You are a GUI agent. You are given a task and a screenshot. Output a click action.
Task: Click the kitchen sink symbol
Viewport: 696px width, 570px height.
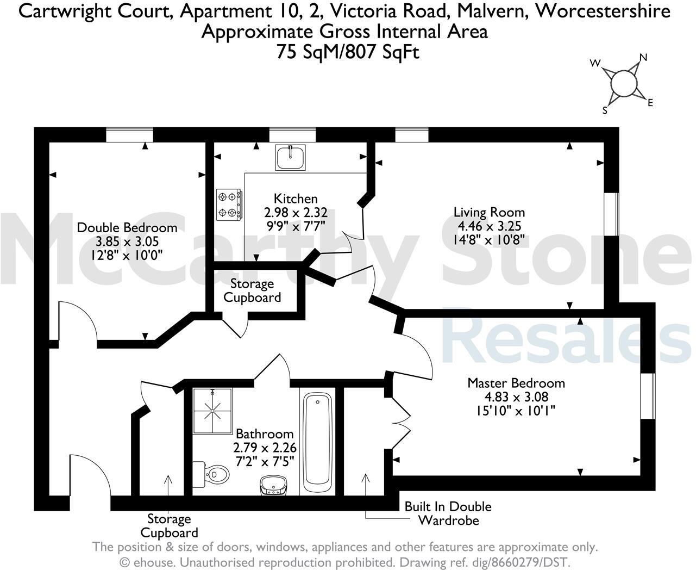pyautogui.click(x=290, y=157)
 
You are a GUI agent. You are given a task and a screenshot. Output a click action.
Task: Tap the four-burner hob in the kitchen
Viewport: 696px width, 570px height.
pyautogui.click(x=229, y=205)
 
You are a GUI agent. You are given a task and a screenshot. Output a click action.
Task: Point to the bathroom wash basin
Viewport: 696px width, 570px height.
pyautogui.click(x=273, y=485)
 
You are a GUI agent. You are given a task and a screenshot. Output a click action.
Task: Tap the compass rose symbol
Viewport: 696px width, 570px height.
pyautogui.click(x=623, y=84)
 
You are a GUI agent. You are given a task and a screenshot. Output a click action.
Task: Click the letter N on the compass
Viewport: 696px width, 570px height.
pyautogui.click(x=643, y=57)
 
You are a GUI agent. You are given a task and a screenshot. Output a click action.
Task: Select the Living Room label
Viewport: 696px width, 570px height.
pyautogui.click(x=489, y=212)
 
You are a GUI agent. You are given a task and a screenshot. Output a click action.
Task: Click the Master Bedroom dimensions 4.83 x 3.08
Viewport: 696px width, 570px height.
pyautogui.click(x=516, y=396)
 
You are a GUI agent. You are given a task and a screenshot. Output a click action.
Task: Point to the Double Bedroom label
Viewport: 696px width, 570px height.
pyautogui.click(x=127, y=227)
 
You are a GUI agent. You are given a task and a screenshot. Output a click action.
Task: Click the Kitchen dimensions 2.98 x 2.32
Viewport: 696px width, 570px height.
pyautogui.click(x=296, y=213)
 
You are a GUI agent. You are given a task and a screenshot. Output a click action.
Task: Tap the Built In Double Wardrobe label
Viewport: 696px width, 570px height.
pyautogui.click(x=448, y=513)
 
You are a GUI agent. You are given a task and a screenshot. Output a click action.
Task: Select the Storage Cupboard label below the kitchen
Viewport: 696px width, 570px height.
pyautogui.click(x=252, y=290)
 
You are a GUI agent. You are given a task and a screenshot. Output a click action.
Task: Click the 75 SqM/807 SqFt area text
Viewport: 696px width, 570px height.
pyautogui.click(x=348, y=52)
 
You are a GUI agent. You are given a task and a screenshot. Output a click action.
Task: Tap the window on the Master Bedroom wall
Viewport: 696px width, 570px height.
pyautogui.click(x=648, y=396)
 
